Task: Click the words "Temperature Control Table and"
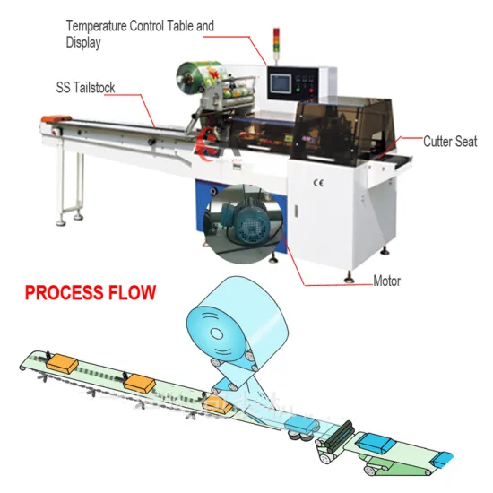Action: [x=139, y=26]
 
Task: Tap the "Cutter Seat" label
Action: [x=450, y=142]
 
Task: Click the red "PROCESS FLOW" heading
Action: [x=90, y=293]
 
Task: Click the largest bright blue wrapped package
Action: [x=377, y=442]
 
